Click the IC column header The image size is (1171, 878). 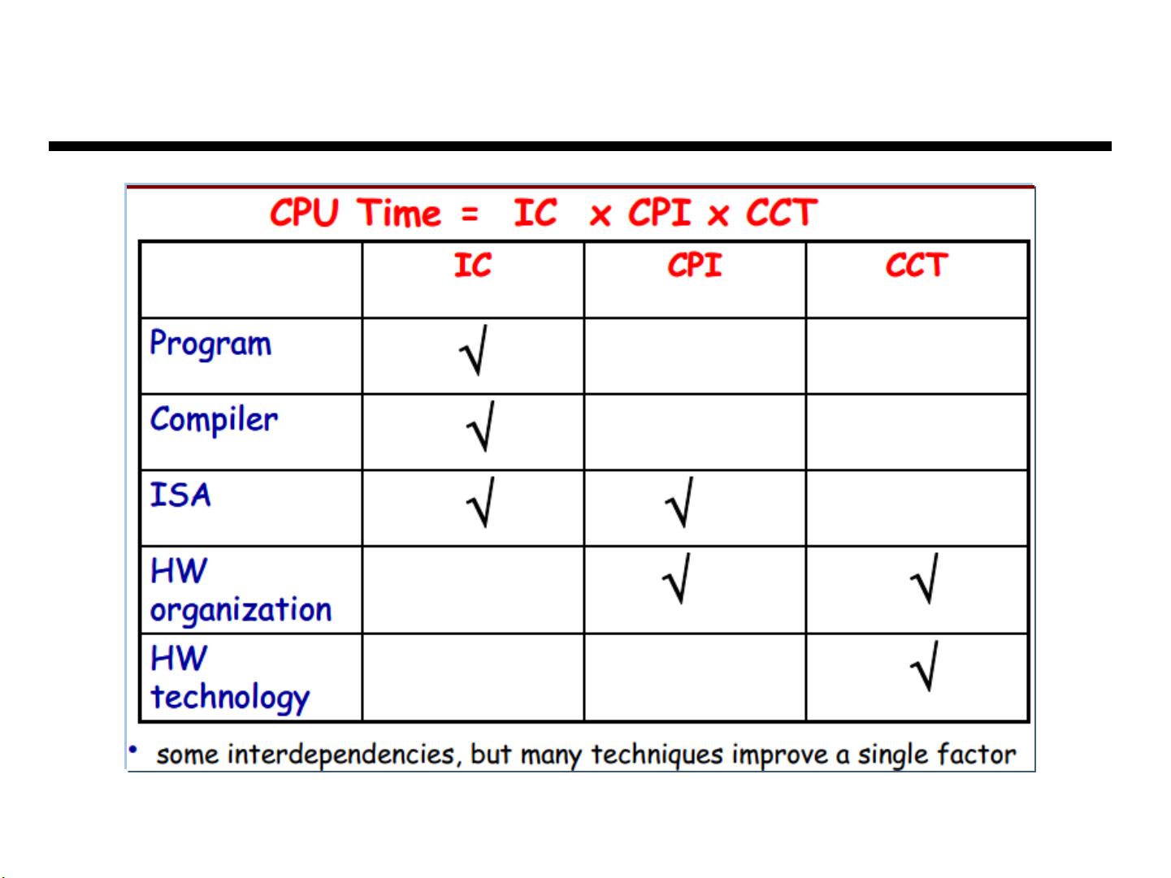pos(472,265)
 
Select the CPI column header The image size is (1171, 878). pos(694,265)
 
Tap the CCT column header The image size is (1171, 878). pos(916,265)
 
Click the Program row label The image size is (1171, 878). pos(210,344)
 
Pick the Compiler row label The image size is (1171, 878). pos(214,420)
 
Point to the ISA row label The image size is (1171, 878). pos(180,495)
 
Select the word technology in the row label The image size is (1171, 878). pos(230,697)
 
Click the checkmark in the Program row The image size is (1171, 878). pos(473,350)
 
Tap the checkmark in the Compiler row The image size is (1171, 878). pos(480,426)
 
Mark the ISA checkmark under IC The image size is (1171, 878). pos(480,502)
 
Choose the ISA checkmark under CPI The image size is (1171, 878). pos(679,502)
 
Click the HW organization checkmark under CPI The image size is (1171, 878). pos(676,578)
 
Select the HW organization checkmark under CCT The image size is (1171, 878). pos(924,578)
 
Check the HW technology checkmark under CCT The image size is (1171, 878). pos(924,666)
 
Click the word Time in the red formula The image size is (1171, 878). pos(399,214)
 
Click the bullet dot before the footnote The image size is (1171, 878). pos(133,750)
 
